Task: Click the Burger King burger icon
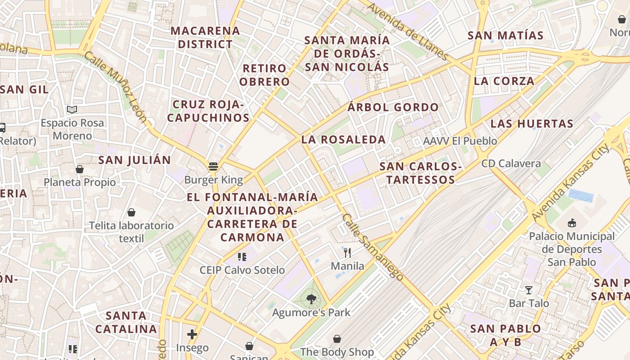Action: [x=213, y=166]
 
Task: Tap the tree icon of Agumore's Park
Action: [x=310, y=298]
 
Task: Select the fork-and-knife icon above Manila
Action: [x=347, y=252]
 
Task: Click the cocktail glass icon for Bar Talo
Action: [x=529, y=290]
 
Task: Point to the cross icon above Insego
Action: [x=192, y=334]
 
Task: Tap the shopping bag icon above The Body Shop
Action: [x=337, y=338]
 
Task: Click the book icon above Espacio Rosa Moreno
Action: [x=72, y=109]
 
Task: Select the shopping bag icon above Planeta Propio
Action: [x=80, y=169]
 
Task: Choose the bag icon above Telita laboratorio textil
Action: [x=131, y=212]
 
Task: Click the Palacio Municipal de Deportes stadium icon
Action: [x=572, y=223]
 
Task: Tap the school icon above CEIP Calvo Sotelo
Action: [x=242, y=257]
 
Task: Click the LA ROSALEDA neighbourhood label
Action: [x=343, y=139]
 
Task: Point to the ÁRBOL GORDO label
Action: [x=393, y=107]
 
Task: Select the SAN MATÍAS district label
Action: [x=506, y=35]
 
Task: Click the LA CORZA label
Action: [x=504, y=81]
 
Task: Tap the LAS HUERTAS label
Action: [x=531, y=123]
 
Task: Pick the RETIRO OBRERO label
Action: [x=265, y=75]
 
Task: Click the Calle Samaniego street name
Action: [x=373, y=247]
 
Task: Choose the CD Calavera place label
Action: [x=511, y=163]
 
